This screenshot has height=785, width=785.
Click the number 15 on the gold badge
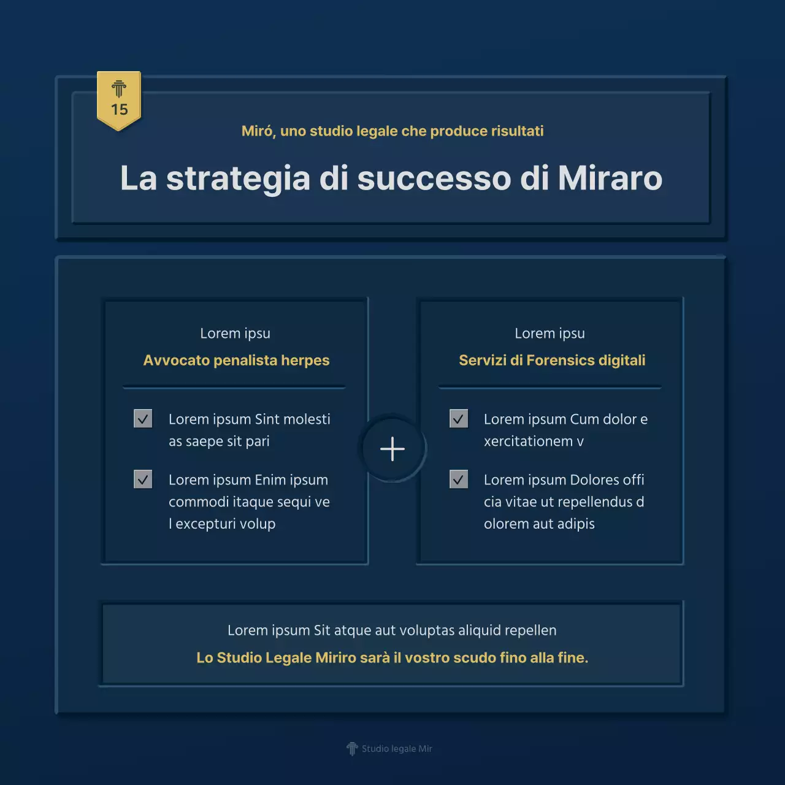point(119,110)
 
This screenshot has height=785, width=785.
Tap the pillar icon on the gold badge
point(119,90)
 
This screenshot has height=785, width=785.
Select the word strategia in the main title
point(238,178)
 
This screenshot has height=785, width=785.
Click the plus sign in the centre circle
point(392,449)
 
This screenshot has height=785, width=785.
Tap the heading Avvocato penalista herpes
point(236,360)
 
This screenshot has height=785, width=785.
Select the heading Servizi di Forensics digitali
point(552,360)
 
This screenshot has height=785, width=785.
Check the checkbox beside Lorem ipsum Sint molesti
point(143,419)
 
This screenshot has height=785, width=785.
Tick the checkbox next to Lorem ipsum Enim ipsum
point(143,479)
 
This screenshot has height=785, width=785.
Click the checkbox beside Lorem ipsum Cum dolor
point(459,419)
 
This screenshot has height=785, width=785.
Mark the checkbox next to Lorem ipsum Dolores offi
point(459,479)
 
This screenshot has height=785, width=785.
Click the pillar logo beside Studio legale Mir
point(352,748)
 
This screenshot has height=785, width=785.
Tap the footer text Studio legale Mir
point(397,749)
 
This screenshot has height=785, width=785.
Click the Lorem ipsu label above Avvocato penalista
point(235,334)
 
